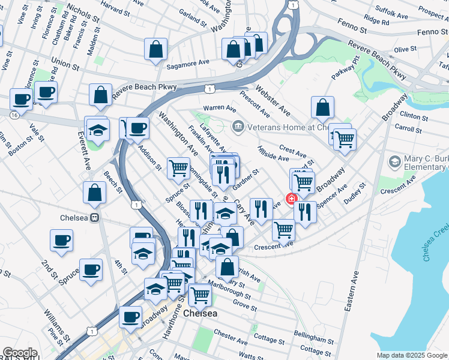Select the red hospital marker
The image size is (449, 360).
[292, 199]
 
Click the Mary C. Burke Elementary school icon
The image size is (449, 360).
[394, 161]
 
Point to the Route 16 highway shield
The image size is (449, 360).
[13, 113]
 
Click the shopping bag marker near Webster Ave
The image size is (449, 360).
[322, 108]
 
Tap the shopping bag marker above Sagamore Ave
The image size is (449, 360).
[155, 51]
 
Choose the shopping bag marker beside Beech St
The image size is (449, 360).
[94, 193]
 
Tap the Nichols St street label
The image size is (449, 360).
[84, 10]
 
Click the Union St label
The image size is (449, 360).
[65, 62]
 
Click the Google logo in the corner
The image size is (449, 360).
[19, 353]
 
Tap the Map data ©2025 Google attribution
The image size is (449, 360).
[411, 355]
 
